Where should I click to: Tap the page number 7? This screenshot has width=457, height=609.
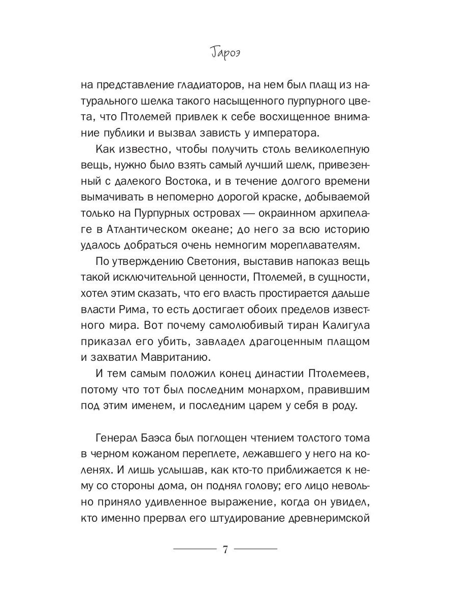tap(225, 550)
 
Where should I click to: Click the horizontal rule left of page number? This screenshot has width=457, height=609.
tap(194, 550)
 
